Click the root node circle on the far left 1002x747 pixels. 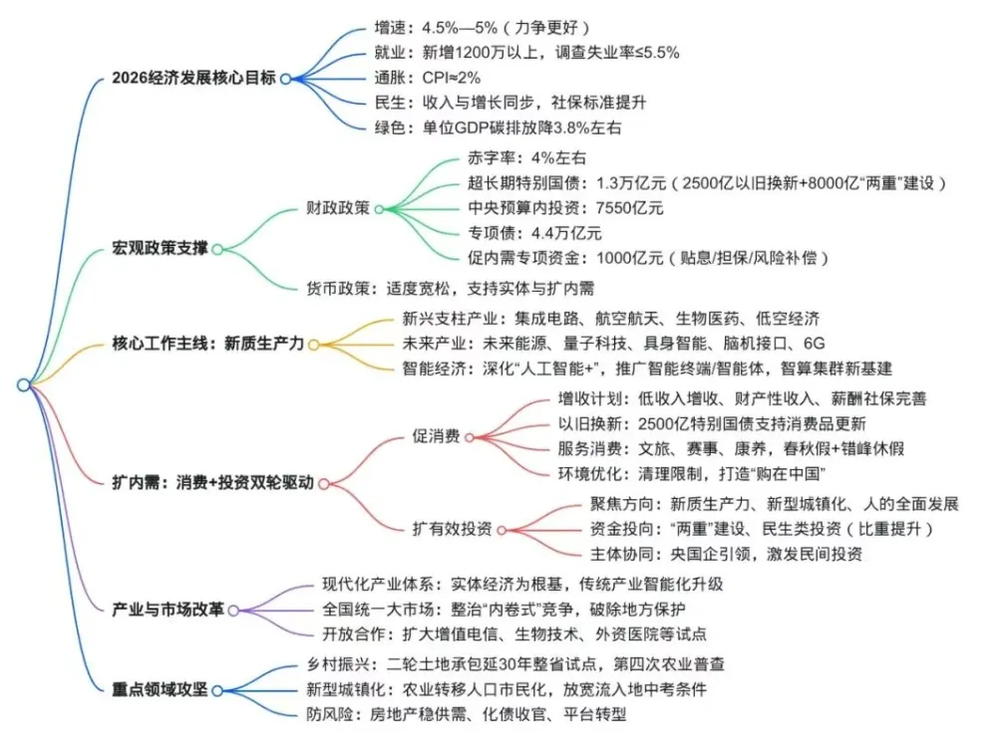point(23,384)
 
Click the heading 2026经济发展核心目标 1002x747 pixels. point(195,78)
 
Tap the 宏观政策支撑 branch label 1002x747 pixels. point(160,248)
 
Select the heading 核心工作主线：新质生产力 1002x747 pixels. point(208,345)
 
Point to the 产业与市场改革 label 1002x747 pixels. point(168,608)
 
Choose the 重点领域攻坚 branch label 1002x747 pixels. point(160,688)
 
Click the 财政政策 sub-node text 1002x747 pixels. point(338,209)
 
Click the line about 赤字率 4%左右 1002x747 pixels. point(526,158)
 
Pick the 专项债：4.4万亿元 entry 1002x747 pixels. point(534,233)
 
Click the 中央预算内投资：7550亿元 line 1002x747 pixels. point(565,208)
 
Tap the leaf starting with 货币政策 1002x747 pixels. point(451,289)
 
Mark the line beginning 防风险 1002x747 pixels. point(466,713)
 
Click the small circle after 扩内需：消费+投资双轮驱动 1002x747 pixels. point(325,483)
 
